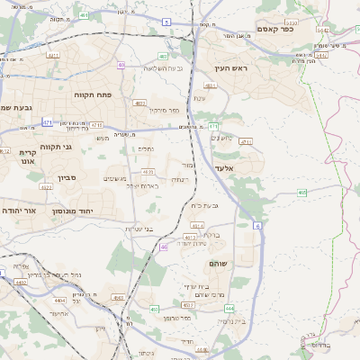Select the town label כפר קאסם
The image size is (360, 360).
[275, 29]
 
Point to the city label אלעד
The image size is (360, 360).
[224, 168]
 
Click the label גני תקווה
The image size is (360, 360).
[56, 147]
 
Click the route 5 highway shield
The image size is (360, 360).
[166, 22]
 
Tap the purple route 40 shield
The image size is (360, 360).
[163, 247]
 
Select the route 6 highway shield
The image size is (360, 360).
[257, 227]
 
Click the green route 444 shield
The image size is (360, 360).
[230, 308]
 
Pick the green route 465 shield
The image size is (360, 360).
[302, 192]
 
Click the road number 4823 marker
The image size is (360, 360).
[139, 103]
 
